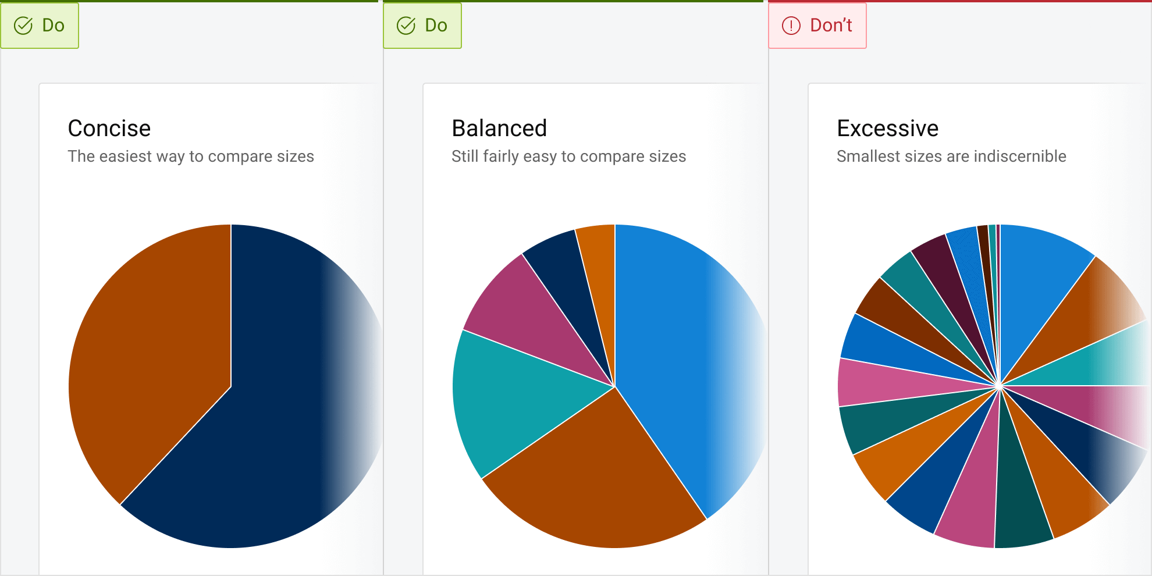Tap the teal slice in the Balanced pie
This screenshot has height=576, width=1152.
click(512, 396)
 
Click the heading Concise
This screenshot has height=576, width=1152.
click(109, 129)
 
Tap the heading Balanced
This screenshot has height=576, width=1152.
click(499, 129)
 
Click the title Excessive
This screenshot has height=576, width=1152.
click(887, 129)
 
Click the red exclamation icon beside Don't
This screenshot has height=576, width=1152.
click(791, 26)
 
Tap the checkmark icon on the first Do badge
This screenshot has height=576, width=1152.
click(23, 26)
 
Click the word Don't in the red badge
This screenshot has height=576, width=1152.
click(831, 26)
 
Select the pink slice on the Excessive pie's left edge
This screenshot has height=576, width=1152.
click(873, 382)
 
